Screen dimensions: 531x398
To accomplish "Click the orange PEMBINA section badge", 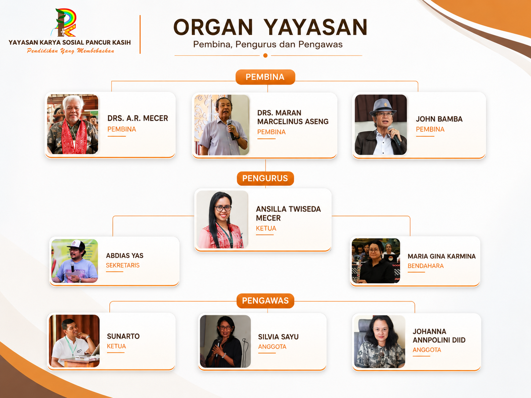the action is tap(265, 77).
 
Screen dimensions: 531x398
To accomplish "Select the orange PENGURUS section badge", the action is tap(265, 178).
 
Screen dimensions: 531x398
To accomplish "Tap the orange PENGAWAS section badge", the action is tap(265, 301).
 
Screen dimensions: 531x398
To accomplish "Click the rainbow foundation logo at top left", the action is tap(64, 22).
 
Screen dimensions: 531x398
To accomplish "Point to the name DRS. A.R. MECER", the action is tap(138, 118).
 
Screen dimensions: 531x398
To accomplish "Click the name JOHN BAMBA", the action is tap(439, 119).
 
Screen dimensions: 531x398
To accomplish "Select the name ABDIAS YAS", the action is tap(125, 255).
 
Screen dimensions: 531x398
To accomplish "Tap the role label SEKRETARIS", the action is tap(122, 265).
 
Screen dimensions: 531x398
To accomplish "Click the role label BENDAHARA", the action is tap(425, 266).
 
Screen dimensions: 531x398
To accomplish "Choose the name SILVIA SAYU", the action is tap(278, 337).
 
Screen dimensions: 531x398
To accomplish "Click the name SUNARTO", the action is tap(123, 336).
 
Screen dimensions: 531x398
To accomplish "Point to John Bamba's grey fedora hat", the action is tap(383, 107).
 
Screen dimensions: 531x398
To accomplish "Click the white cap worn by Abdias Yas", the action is tap(76, 245).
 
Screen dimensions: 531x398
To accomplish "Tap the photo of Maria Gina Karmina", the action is tap(376, 261).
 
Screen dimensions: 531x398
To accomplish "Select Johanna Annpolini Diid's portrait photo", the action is tap(380, 342).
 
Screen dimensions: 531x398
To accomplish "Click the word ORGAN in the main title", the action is tap(213, 27).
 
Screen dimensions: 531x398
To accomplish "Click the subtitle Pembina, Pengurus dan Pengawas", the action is tap(268, 44).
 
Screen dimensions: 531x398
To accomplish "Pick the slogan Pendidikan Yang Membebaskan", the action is tap(70, 51).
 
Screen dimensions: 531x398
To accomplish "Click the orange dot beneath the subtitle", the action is tap(265, 56).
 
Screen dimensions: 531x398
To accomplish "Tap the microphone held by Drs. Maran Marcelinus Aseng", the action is tap(231, 129).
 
